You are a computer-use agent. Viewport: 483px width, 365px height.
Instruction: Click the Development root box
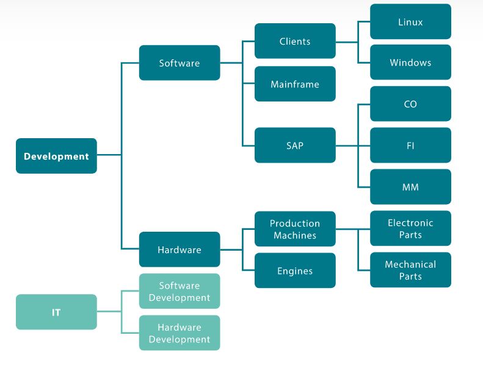(x=56, y=156)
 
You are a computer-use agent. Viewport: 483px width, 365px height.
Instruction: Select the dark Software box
(x=180, y=63)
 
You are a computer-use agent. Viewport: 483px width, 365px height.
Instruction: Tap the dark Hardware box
(x=180, y=249)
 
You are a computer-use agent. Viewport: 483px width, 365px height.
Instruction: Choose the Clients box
(x=295, y=42)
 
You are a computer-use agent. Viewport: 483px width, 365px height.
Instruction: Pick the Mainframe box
(x=295, y=84)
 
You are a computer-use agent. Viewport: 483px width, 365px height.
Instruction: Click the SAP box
(x=295, y=146)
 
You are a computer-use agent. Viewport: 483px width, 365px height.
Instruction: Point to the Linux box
(x=410, y=22)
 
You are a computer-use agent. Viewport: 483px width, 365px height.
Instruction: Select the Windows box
(x=410, y=62)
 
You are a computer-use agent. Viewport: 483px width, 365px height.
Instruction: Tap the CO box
(x=410, y=104)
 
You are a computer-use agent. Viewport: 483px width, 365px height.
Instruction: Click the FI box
(x=410, y=146)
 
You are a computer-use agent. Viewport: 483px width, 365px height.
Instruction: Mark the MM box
(x=410, y=187)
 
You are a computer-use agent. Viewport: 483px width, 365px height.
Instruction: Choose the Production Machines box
(x=295, y=229)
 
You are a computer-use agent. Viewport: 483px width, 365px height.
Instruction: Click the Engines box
(x=295, y=271)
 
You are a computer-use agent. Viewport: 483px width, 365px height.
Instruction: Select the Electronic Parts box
(x=410, y=229)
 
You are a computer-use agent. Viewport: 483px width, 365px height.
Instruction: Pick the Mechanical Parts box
(x=410, y=270)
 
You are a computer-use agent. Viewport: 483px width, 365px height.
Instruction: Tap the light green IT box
(x=56, y=312)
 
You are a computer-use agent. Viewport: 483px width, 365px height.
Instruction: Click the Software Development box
(x=180, y=292)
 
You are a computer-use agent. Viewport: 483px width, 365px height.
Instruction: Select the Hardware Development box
(x=180, y=333)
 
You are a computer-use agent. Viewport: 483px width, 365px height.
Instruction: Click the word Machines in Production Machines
(x=295, y=235)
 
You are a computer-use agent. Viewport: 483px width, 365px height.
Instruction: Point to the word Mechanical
(x=410, y=265)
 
